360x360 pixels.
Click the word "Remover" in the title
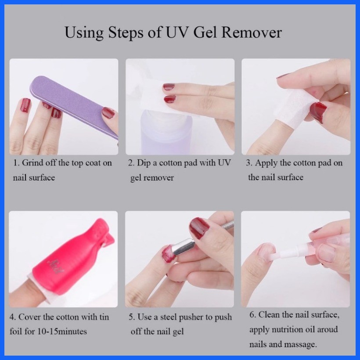[x=252, y=32]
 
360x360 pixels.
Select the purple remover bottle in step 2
[x=166, y=133]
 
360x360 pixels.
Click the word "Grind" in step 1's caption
[x=32, y=163]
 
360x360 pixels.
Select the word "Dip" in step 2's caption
[x=144, y=163]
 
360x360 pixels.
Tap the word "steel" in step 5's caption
[x=168, y=317]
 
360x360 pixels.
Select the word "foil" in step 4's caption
[x=16, y=331]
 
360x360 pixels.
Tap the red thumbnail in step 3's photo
[x=318, y=112]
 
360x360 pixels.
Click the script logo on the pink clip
[x=56, y=266]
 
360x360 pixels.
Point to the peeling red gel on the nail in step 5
[x=169, y=254]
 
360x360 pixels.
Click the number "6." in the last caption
[x=253, y=315]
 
